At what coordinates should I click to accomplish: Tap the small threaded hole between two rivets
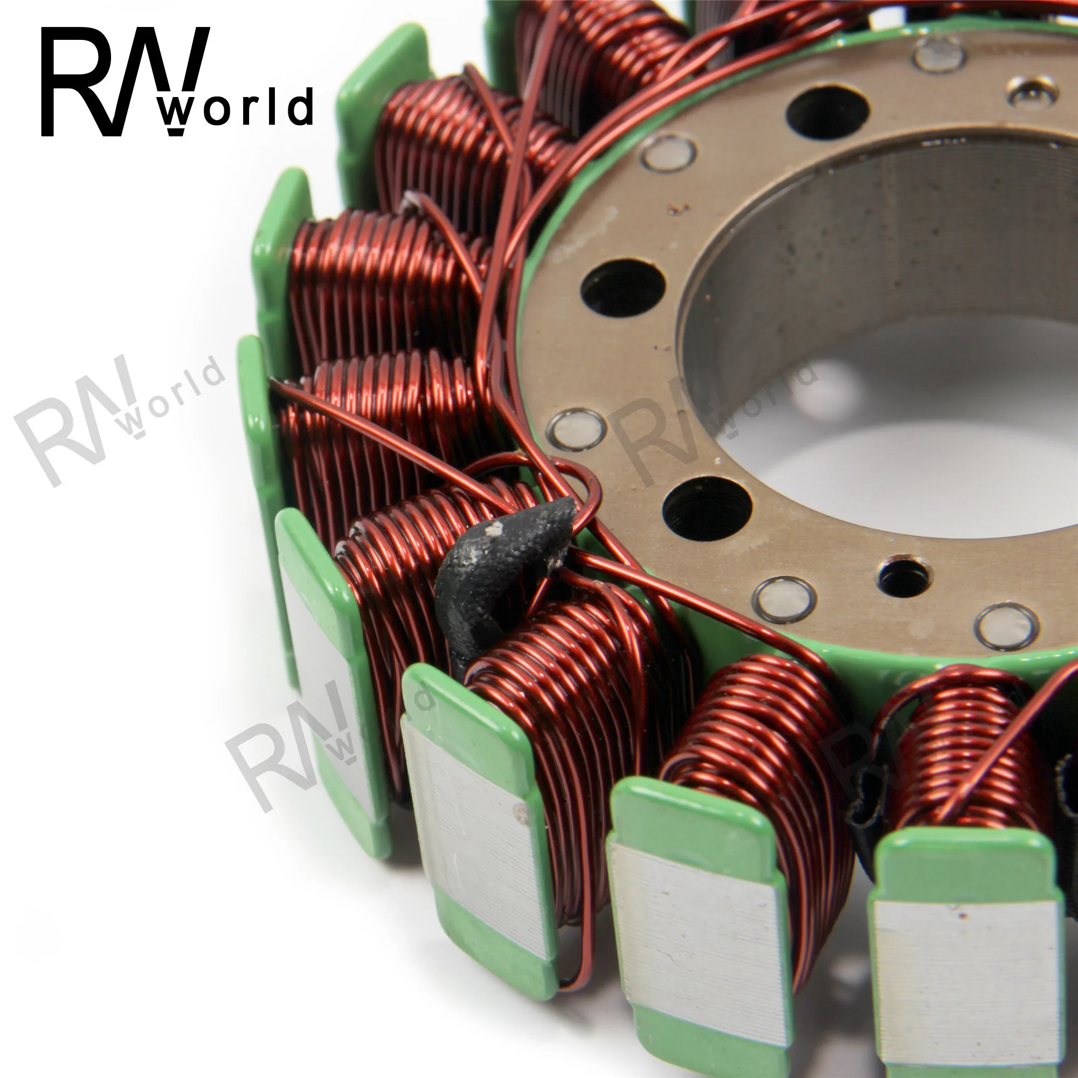coord(903,576)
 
